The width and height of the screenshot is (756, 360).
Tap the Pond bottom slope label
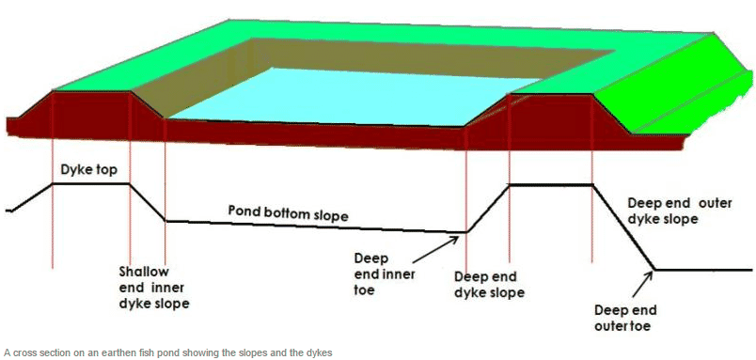[288, 211]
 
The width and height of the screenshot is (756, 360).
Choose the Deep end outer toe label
[624, 318]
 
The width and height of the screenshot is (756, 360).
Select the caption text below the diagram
[169, 352]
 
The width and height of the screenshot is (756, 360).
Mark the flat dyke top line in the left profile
[90, 184]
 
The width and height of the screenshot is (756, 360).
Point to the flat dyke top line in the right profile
[550, 185]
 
